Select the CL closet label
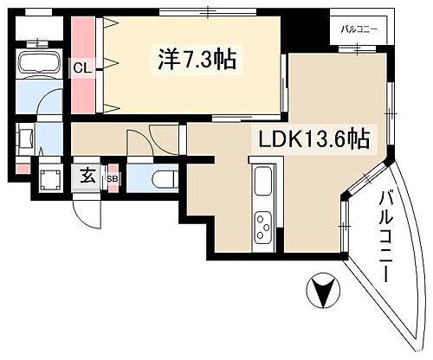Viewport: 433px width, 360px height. coord(83,67)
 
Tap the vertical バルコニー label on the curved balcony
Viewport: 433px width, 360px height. coord(387,233)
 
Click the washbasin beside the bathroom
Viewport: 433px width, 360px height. coord(25,138)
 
